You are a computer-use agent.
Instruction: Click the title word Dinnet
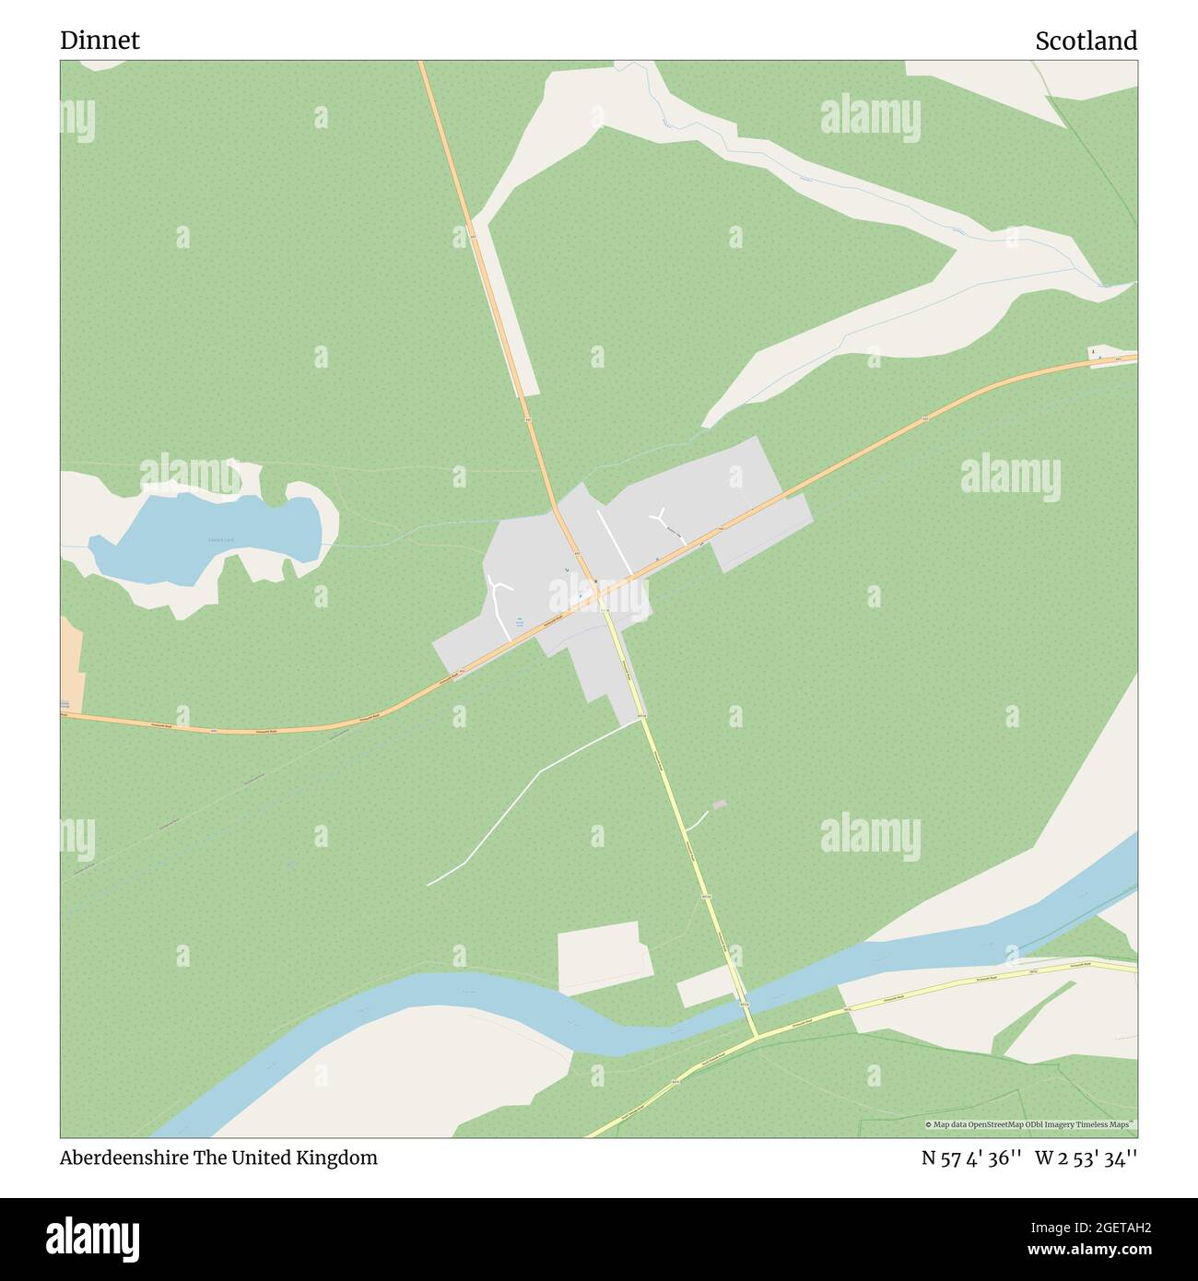click(x=100, y=41)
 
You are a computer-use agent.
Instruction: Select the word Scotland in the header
click(x=1086, y=41)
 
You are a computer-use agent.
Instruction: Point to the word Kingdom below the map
click(x=341, y=1158)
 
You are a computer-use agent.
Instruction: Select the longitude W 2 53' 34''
click(x=1086, y=1158)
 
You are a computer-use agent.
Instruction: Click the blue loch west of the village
click(x=207, y=539)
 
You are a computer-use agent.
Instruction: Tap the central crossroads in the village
click(x=598, y=594)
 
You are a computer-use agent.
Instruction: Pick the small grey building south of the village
click(x=719, y=805)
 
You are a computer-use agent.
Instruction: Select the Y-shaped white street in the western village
click(x=499, y=594)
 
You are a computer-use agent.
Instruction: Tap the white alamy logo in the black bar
click(x=94, y=1237)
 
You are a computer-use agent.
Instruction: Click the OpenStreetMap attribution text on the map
click(x=1030, y=1124)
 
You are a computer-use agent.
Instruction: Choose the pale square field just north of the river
click(x=604, y=957)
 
